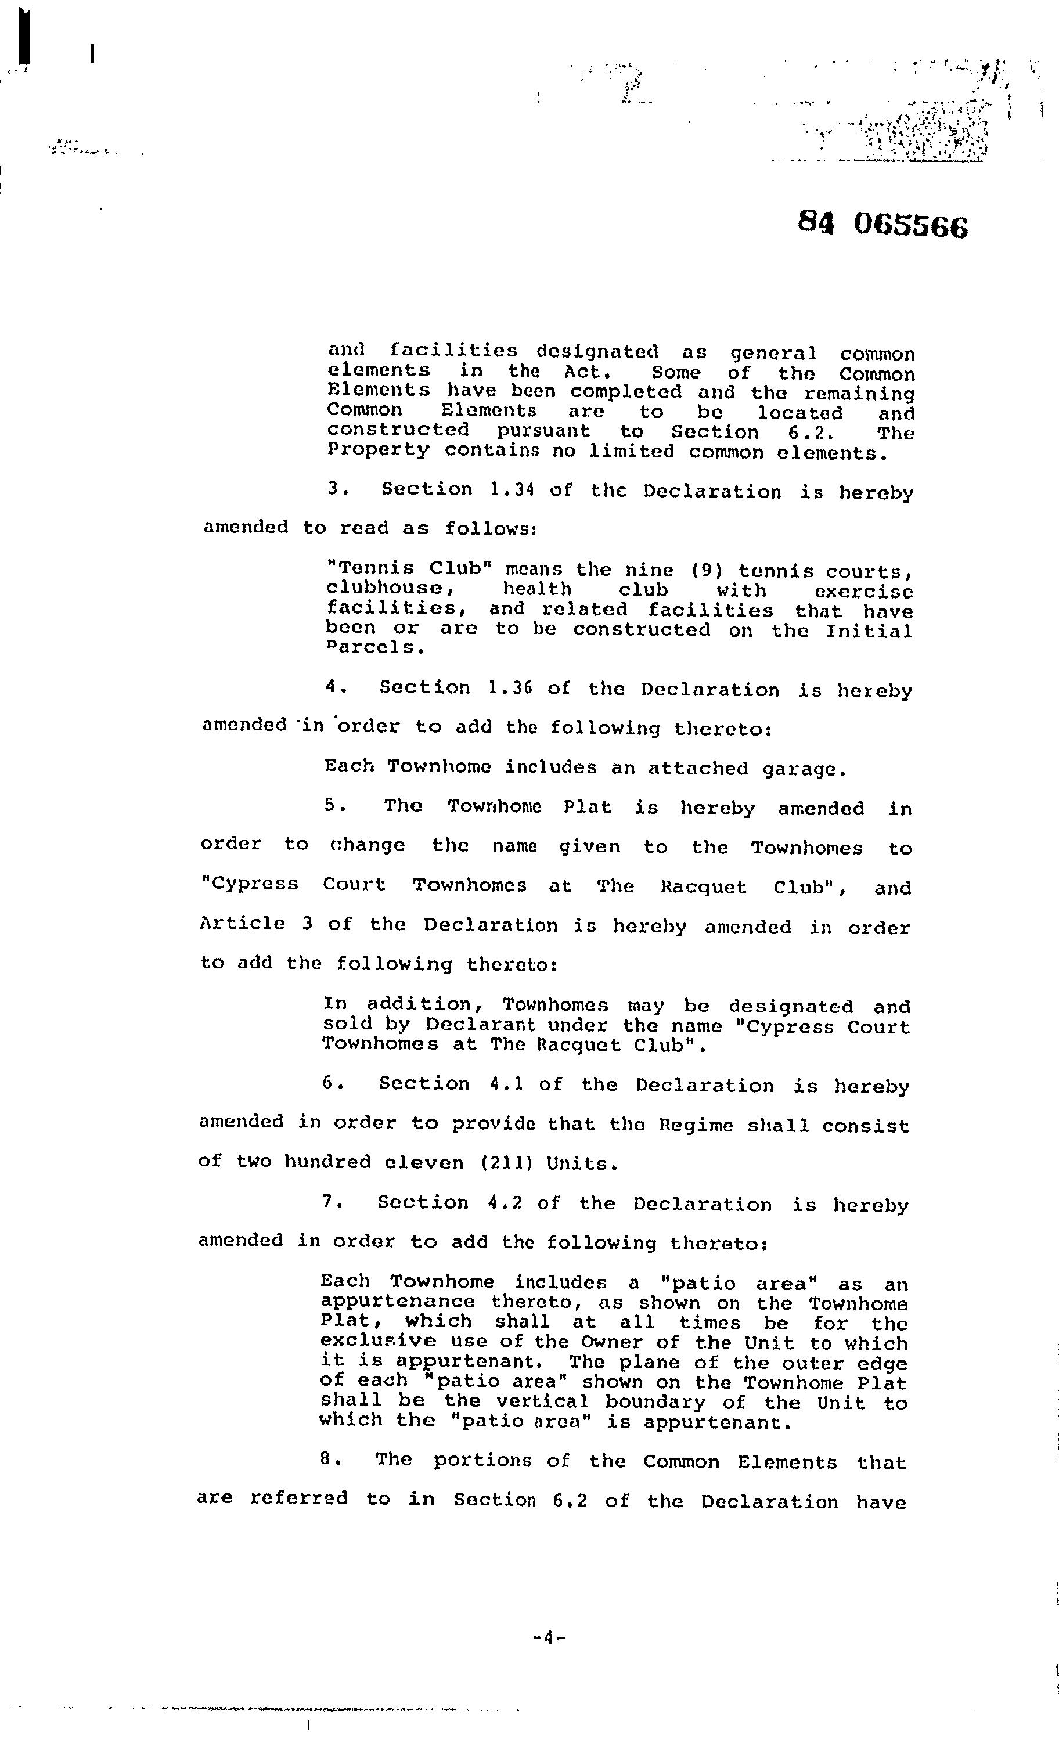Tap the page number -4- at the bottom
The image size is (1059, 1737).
(549, 1637)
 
